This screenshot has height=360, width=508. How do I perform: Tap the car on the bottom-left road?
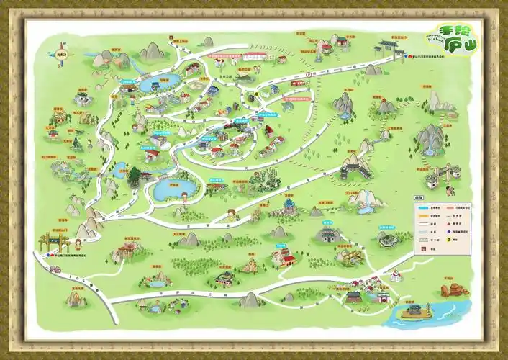tap(55, 269)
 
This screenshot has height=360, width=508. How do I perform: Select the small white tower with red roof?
tap(395, 276)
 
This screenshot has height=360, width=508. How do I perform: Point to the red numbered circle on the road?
tap(309, 73)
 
